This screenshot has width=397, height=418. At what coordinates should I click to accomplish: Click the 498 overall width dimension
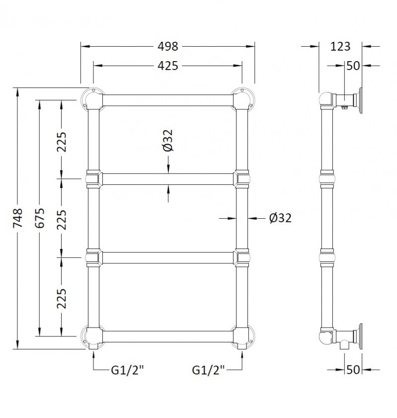(x=167, y=46)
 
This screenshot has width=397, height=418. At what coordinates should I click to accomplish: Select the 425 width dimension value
(x=167, y=66)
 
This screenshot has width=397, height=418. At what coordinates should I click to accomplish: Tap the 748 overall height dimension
(x=18, y=218)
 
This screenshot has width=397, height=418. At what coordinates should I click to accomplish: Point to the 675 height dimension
(x=40, y=218)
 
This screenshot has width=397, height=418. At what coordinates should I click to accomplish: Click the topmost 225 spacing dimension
(x=62, y=142)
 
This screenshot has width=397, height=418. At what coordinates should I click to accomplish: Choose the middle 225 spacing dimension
(x=62, y=220)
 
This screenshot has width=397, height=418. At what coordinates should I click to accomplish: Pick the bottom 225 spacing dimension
(x=62, y=298)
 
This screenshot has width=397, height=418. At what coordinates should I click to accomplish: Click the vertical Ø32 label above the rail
(x=168, y=141)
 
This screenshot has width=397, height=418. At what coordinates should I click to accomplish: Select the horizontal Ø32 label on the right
(x=280, y=218)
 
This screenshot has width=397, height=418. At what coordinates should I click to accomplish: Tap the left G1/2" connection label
(x=127, y=370)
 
